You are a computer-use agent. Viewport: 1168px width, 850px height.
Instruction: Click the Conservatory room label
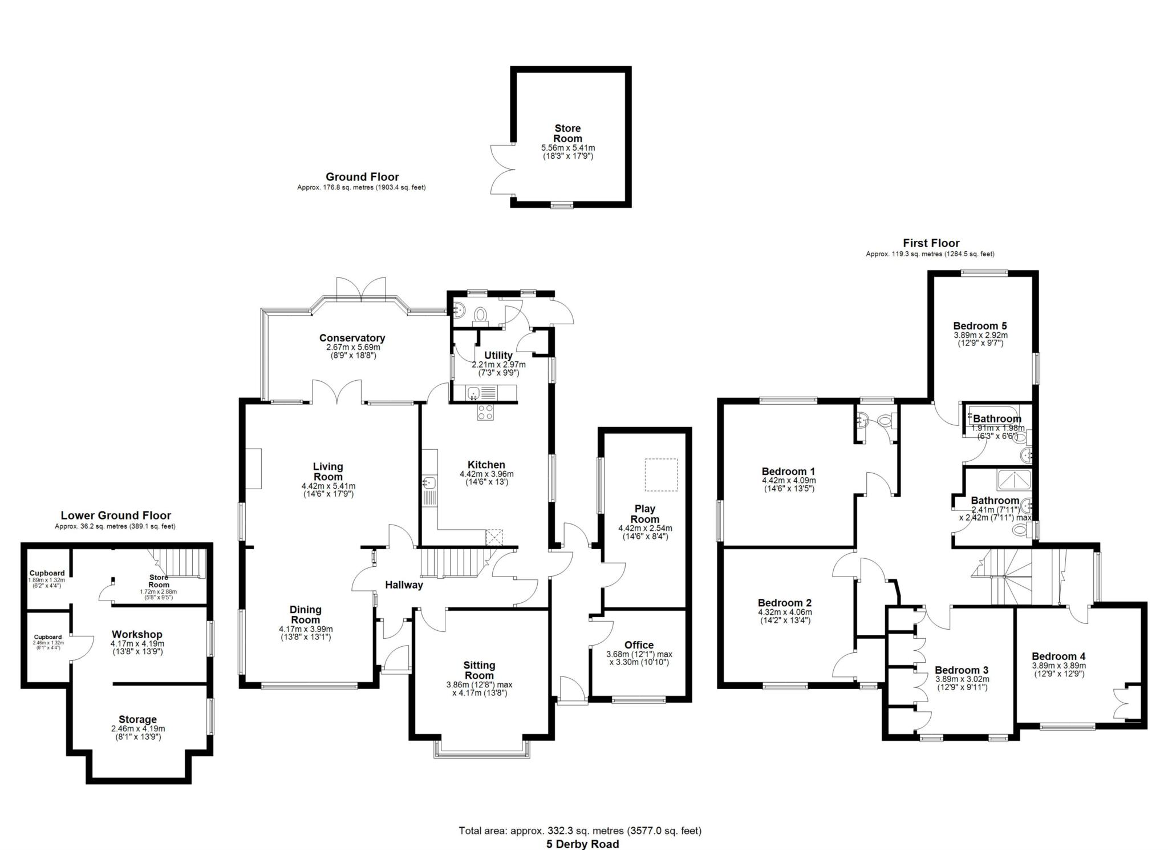click(x=352, y=338)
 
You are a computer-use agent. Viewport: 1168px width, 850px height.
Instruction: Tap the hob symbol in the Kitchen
click(x=485, y=412)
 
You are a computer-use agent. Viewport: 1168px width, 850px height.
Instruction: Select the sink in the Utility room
click(x=474, y=393)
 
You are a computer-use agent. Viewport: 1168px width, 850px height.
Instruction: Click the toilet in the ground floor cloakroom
click(x=480, y=315)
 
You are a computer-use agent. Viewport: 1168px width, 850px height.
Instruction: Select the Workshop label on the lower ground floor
click(x=137, y=634)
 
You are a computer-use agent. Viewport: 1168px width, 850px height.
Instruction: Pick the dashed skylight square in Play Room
click(x=661, y=475)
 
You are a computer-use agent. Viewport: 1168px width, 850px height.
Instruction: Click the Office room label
click(x=639, y=645)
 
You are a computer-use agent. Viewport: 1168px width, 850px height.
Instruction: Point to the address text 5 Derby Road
click(x=582, y=844)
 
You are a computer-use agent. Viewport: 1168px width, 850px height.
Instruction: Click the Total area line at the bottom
click(x=580, y=831)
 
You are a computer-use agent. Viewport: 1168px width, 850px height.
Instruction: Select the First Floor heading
click(x=931, y=243)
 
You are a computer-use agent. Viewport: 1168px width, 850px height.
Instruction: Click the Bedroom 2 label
click(x=784, y=603)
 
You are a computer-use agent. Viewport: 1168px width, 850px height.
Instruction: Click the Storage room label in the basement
click(x=137, y=719)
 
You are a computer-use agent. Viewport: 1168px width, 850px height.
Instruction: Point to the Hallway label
click(x=404, y=585)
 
